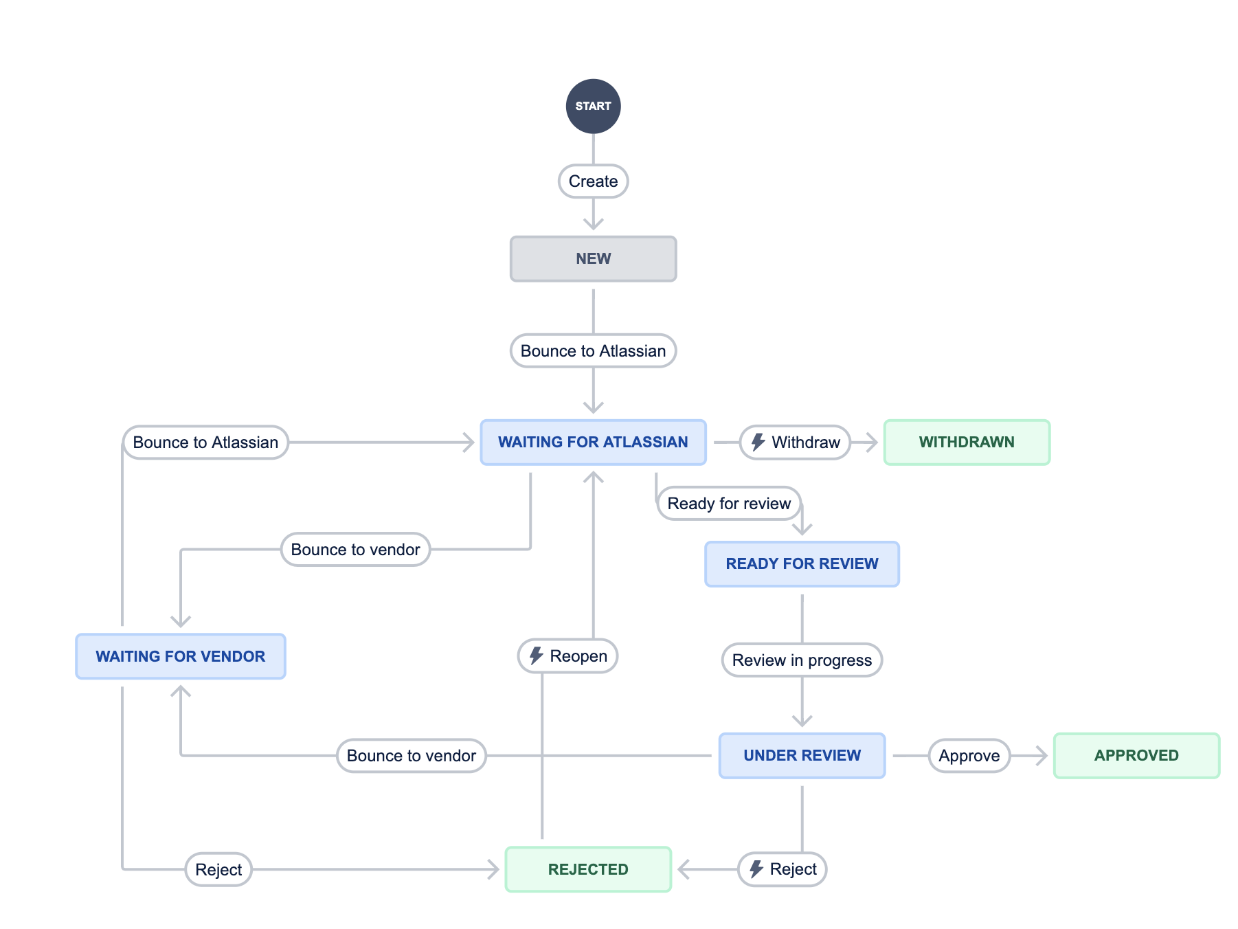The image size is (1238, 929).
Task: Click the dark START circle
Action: (593, 107)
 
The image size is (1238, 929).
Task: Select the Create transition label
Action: (593, 181)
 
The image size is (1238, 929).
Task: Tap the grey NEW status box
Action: (593, 259)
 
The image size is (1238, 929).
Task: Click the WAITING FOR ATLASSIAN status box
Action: (593, 443)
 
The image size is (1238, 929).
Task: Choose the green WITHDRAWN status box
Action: (967, 443)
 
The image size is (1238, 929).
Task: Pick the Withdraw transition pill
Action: (795, 443)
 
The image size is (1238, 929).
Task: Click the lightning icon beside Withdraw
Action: (758, 442)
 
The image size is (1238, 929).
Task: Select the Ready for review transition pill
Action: (729, 504)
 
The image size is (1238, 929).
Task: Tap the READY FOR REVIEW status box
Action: (802, 564)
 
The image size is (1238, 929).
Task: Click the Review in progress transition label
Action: (802, 660)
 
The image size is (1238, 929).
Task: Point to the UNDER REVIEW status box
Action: (802, 756)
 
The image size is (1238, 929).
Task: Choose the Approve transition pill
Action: (969, 756)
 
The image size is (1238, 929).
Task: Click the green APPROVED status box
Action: (1136, 756)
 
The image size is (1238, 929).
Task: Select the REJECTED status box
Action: (588, 870)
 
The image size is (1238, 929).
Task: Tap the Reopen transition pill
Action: (567, 656)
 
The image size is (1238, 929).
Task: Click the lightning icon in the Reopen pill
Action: (536, 656)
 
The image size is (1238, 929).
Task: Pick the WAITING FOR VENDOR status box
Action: (180, 657)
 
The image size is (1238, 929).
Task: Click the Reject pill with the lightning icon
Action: (782, 870)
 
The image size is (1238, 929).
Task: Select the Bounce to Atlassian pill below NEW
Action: (593, 351)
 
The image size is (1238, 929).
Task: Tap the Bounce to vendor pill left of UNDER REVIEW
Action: (411, 756)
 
